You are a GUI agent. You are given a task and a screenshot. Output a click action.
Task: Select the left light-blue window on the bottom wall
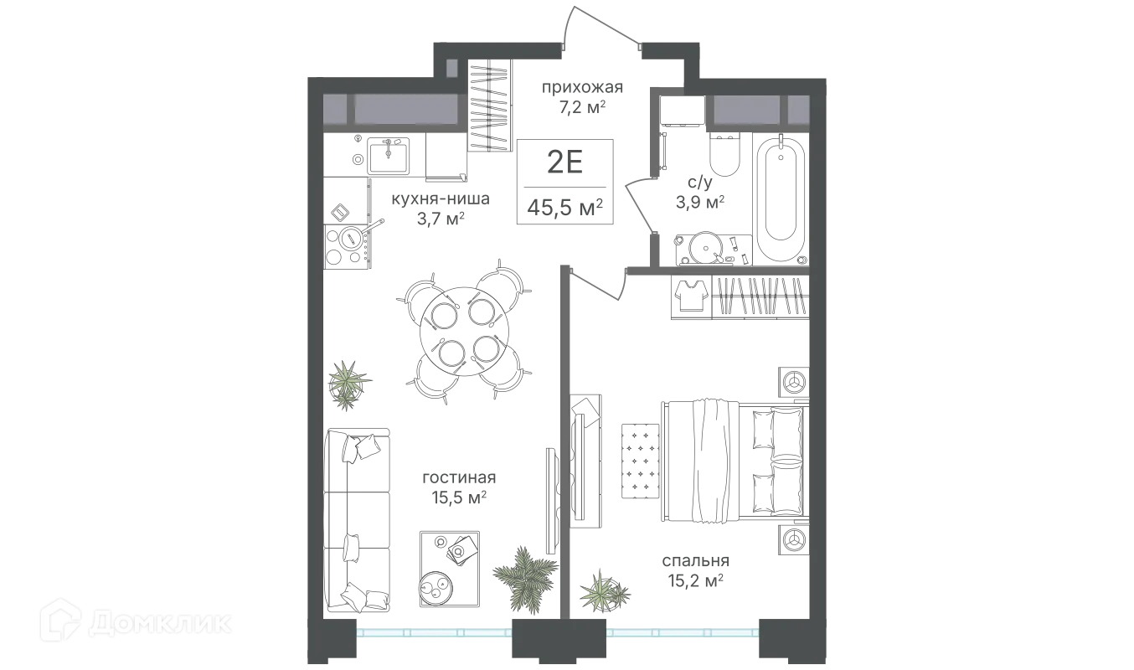pos(433,632)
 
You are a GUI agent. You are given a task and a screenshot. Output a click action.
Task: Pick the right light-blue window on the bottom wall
pos(682,632)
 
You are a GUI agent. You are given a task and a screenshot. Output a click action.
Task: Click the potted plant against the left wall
pos(348,383)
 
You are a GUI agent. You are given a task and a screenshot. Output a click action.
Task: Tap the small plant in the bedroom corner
pos(605,592)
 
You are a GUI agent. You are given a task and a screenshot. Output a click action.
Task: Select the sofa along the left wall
pos(363,514)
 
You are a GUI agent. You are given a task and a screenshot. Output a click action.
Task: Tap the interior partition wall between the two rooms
pos(565,435)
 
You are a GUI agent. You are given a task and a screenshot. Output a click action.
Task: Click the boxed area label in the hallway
pos(568,180)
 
